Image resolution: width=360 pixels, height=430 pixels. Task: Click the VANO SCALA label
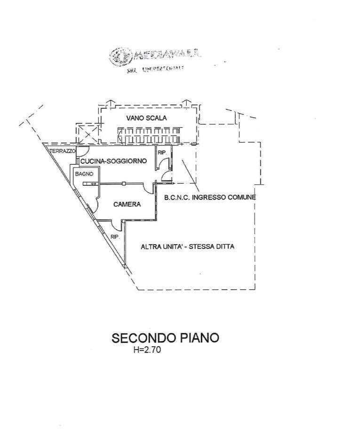pyautogui.click(x=146, y=118)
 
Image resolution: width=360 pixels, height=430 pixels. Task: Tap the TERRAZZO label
pyautogui.click(x=63, y=151)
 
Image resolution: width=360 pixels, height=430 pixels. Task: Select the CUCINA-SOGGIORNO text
pyautogui.click(x=113, y=161)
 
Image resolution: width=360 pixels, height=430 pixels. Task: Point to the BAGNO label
pyautogui.click(x=83, y=174)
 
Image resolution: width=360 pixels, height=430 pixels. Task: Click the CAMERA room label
pyautogui.click(x=127, y=204)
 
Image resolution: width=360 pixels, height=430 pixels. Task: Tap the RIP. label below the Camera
pyautogui.click(x=115, y=237)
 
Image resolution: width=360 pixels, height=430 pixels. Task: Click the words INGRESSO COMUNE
pyautogui.click(x=228, y=198)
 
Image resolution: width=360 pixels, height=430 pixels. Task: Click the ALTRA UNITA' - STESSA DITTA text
pyautogui.click(x=188, y=247)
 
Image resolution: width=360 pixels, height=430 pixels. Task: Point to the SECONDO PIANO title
pyautogui.click(x=165, y=338)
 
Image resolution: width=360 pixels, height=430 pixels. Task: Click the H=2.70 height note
pyautogui.click(x=147, y=350)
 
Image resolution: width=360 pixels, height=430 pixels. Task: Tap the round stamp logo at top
pyautogui.click(x=120, y=56)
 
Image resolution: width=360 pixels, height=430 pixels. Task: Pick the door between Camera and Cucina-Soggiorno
pyautogui.click(x=150, y=188)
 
